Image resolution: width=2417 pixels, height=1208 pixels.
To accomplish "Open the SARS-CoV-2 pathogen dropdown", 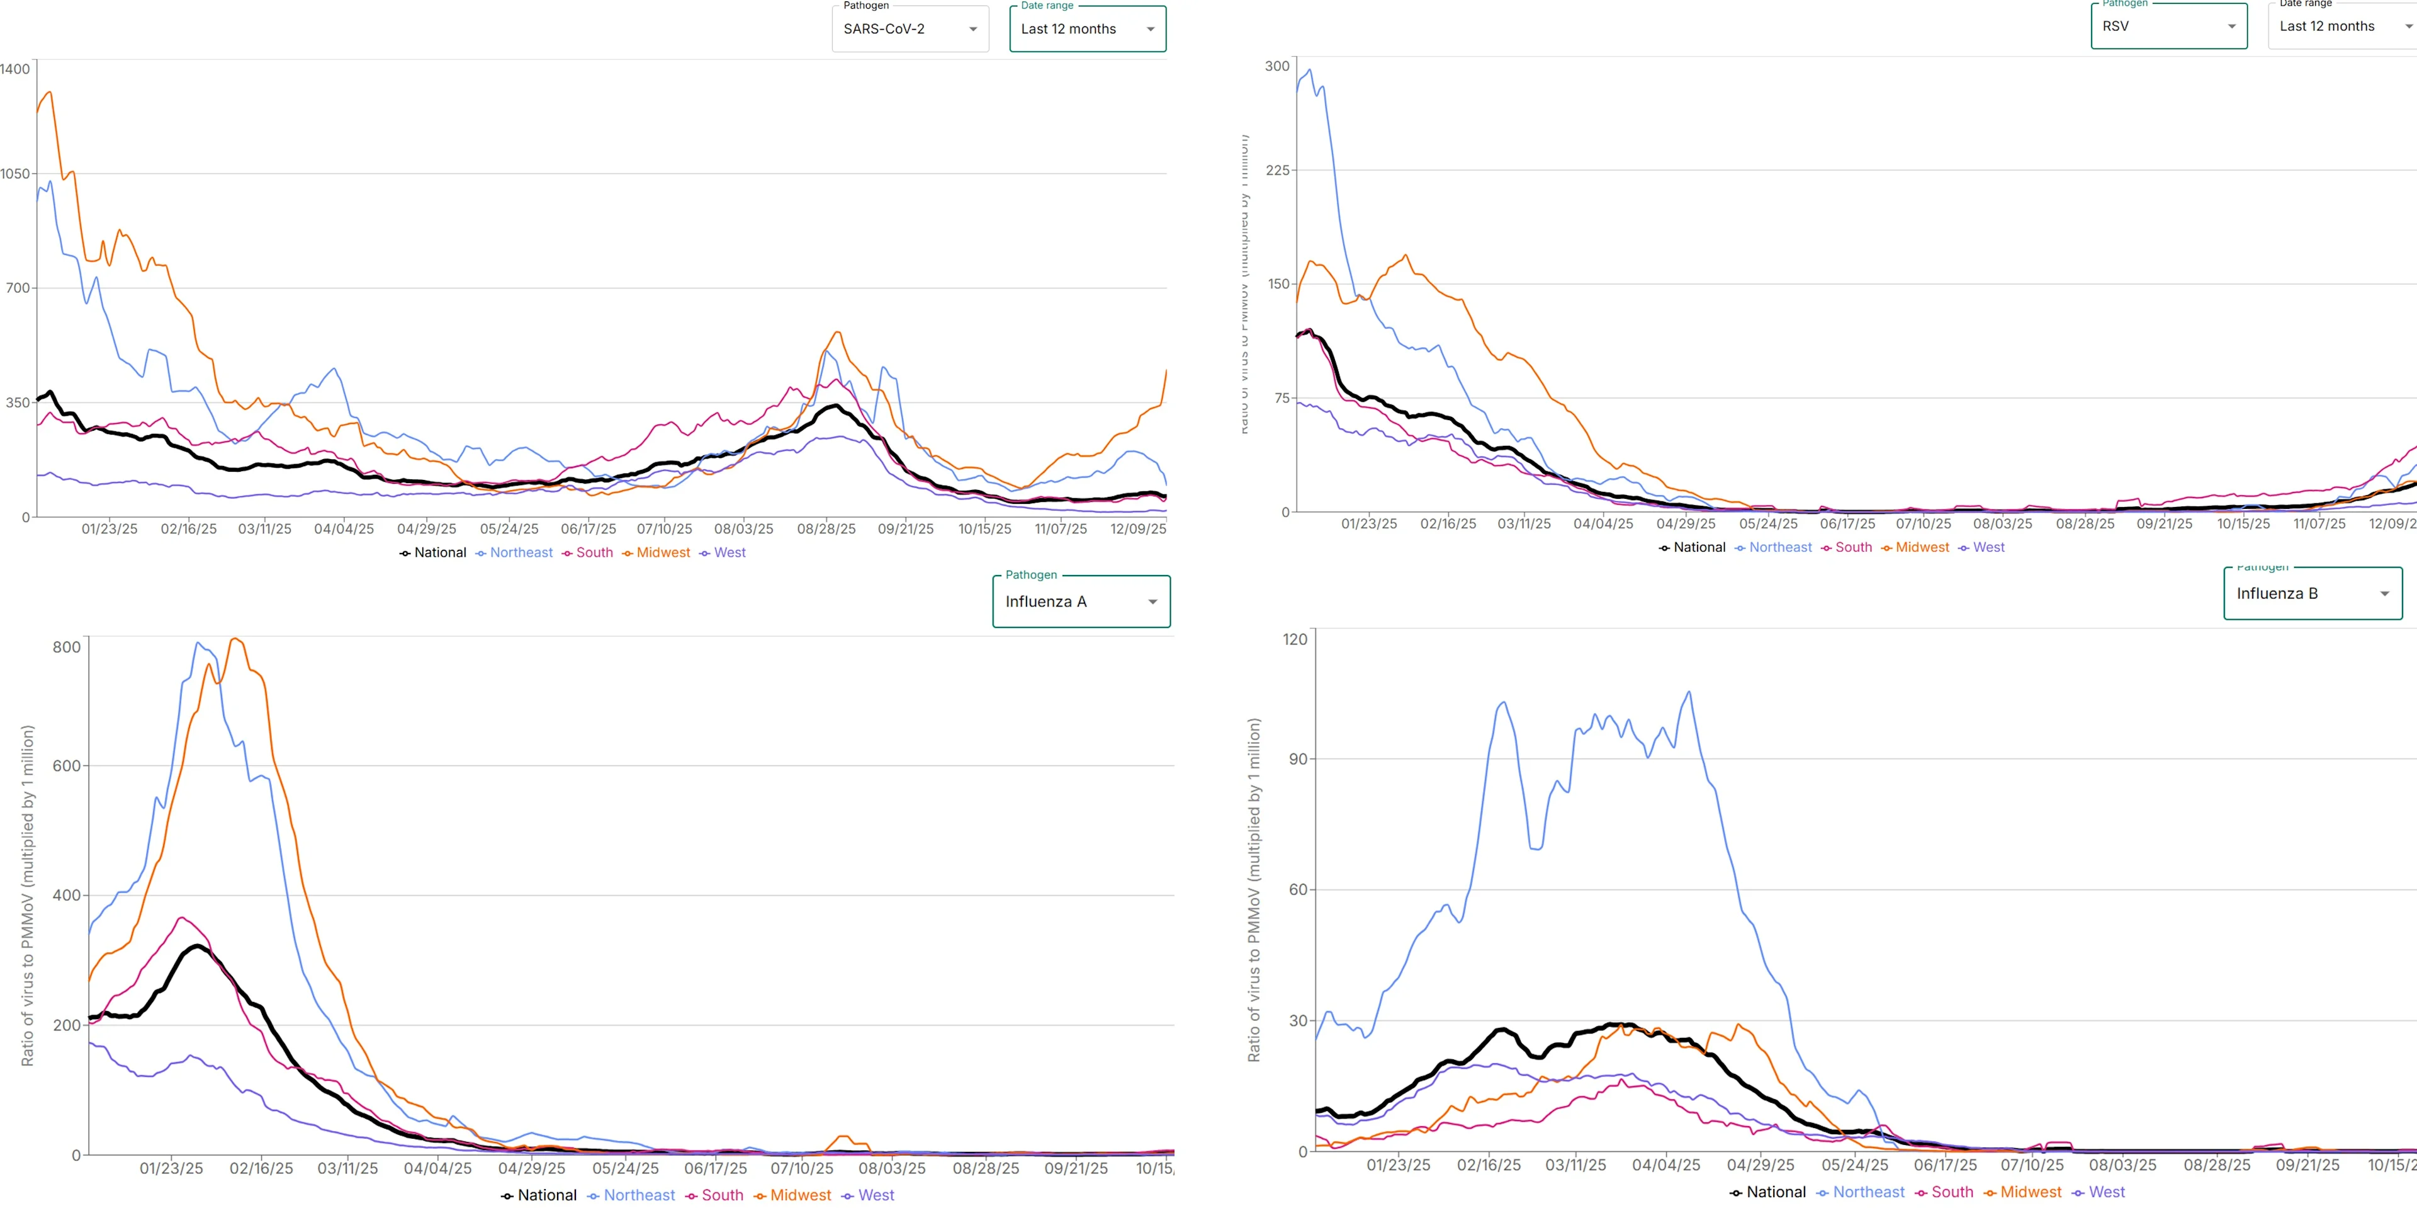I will point(909,29).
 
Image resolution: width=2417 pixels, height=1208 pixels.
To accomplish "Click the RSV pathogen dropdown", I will point(2167,26).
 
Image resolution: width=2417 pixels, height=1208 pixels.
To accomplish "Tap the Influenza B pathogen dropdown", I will point(2312,593).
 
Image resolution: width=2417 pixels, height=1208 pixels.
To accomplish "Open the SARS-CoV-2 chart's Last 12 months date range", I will point(1086,29).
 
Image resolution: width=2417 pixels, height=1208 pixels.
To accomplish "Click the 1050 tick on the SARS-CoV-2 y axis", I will point(16,174).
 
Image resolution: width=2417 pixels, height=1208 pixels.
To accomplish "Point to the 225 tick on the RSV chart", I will point(1277,170).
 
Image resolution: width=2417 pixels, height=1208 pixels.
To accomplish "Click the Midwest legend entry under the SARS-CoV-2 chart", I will point(662,553).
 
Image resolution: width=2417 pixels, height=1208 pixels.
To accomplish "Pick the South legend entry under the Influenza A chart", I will point(721,1195).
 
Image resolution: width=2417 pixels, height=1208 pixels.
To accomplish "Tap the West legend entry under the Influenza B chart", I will point(2107,1192).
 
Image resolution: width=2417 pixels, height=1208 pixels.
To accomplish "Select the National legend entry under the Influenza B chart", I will point(1775,1192).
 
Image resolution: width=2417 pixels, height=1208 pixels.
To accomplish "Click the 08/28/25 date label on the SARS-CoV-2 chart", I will point(826,530).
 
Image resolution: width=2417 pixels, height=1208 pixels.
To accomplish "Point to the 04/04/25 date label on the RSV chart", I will point(1603,524).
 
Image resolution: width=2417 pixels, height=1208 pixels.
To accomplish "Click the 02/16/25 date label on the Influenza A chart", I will point(261,1168).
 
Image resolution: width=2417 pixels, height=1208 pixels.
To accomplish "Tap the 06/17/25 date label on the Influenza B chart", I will point(1944,1165).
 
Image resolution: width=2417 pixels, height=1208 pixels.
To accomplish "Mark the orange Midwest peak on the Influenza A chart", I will point(235,639).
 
